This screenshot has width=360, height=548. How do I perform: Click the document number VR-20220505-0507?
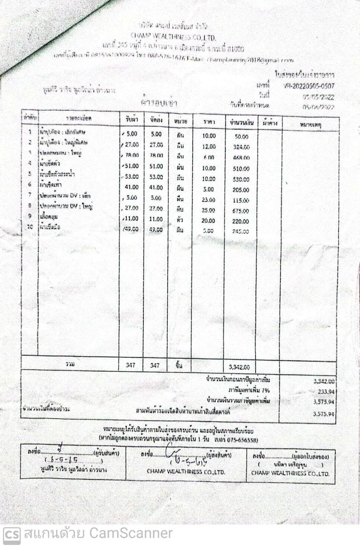point(308,86)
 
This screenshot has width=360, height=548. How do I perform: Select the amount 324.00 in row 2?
point(241,147)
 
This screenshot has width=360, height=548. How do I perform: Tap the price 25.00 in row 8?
point(209,210)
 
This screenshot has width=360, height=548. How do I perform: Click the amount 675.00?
point(241,211)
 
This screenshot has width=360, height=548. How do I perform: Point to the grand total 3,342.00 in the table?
point(239,367)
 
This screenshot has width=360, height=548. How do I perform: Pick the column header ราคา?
point(209,122)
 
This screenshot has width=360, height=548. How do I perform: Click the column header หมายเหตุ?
point(310,124)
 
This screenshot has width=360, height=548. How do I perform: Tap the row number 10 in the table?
point(30,227)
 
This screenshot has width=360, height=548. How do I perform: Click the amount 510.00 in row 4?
point(241,169)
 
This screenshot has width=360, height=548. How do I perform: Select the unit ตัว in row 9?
point(180,220)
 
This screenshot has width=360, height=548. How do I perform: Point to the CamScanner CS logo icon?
point(11,534)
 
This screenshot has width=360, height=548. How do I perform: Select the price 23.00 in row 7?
point(209,200)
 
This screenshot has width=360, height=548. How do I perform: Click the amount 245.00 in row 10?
point(241,232)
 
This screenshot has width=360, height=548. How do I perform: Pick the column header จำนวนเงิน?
point(242,123)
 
